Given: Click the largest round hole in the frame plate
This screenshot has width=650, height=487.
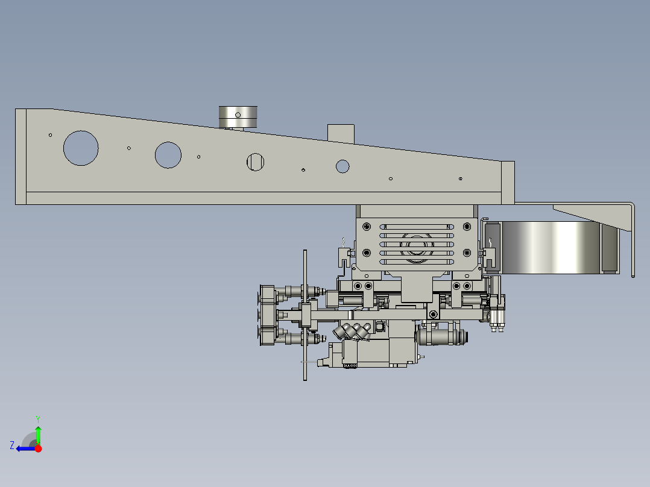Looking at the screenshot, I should [80, 148].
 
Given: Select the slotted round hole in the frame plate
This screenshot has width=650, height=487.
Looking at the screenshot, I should [255, 162].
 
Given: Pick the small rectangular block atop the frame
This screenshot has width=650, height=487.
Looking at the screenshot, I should [341, 133].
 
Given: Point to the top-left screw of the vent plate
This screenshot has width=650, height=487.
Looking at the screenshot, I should [367, 227].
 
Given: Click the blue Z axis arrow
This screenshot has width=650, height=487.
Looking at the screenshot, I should [24, 448].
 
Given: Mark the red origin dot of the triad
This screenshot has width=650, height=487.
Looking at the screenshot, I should [38, 448].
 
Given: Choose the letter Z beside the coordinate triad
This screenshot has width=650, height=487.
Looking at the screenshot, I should [12, 445].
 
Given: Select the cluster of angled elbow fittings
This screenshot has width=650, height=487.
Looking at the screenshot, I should [353, 331].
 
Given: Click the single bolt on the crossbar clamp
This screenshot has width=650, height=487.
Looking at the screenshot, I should [433, 314].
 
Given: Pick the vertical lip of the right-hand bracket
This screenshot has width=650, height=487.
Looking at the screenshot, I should [633, 241].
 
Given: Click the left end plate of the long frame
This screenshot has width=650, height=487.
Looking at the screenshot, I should [21, 157].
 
